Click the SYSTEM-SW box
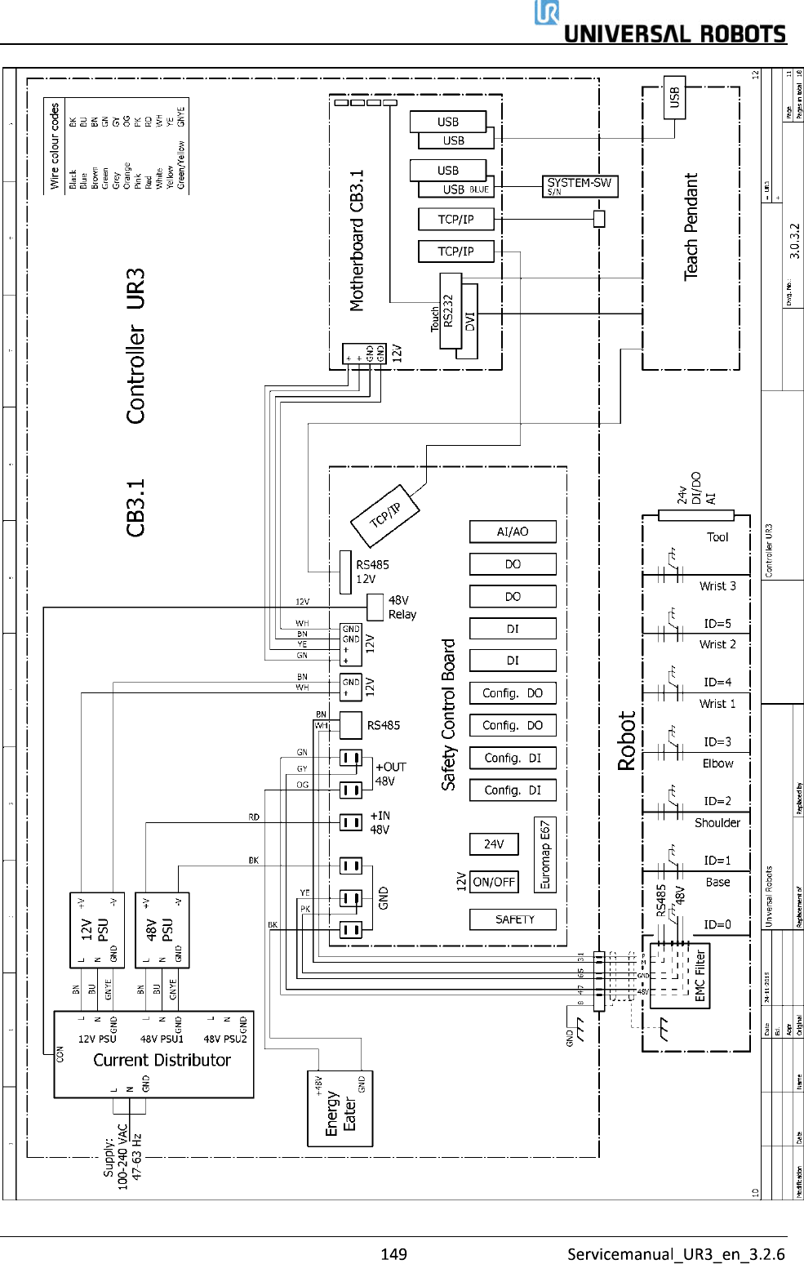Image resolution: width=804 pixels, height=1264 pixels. [580, 186]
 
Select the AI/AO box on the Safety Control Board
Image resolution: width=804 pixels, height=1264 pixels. [513, 532]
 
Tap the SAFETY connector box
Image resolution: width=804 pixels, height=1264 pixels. [513, 919]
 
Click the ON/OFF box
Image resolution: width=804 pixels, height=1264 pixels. [494, 882]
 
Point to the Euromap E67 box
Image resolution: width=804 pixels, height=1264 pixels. [545, 854]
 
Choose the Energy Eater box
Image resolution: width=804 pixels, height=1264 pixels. [340, 1109]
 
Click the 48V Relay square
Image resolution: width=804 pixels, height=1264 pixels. [375, 607]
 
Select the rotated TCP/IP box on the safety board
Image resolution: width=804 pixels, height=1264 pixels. [385, 516]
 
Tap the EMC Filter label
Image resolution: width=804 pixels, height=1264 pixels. [700, 976]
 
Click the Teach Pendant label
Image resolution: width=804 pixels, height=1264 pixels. [691, 226]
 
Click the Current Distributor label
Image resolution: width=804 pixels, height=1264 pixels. [162, 1060]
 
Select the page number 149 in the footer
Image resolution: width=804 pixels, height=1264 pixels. [393, 1253]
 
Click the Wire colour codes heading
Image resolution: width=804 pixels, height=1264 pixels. [55, 146]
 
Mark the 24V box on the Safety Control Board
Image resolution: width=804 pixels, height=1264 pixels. [494, 844]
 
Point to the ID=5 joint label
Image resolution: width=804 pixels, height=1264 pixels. [717, 624]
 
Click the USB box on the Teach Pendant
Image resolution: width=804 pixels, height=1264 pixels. [674, 98]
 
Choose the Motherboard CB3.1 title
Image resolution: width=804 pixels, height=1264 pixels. [357, 241]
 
